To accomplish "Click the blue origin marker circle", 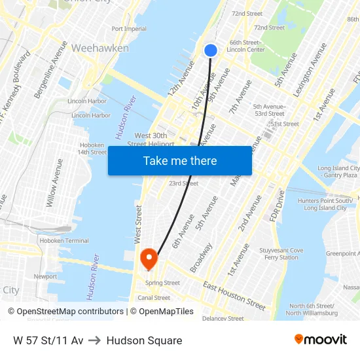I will click(x=210, y=50).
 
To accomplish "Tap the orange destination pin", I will click(x=149, y=258).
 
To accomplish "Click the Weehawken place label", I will click(x=99, y=48).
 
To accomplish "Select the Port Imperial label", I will click(x=129, y=29).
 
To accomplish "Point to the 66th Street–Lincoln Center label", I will click(x=246, y=46).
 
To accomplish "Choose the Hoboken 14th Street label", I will click(x=92, y=149).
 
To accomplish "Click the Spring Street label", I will click(x=162, y=283).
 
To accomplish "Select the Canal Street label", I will click(x=154, y=298).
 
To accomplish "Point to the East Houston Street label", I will click(x=234, y=297).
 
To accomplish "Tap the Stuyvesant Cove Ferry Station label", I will click(x=281, y=254).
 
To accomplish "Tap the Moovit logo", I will click(x=320, y=340).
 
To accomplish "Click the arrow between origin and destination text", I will click(x=94, y=340).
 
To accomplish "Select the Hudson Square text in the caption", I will click(x=144, y=340).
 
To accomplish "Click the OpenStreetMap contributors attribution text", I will click(x=70, y=312).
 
